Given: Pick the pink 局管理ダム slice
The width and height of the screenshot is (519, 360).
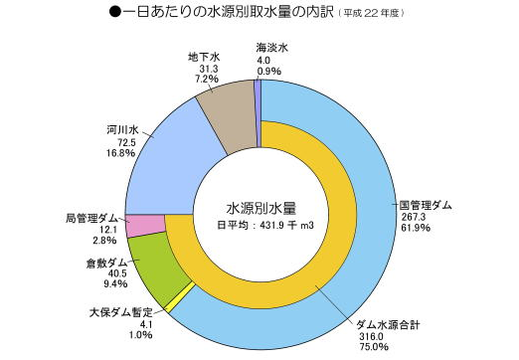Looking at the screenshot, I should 145,225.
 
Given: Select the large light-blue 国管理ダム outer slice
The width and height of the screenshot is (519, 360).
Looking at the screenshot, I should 368,199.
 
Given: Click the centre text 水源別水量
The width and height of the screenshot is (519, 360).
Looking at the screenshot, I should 261,208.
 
